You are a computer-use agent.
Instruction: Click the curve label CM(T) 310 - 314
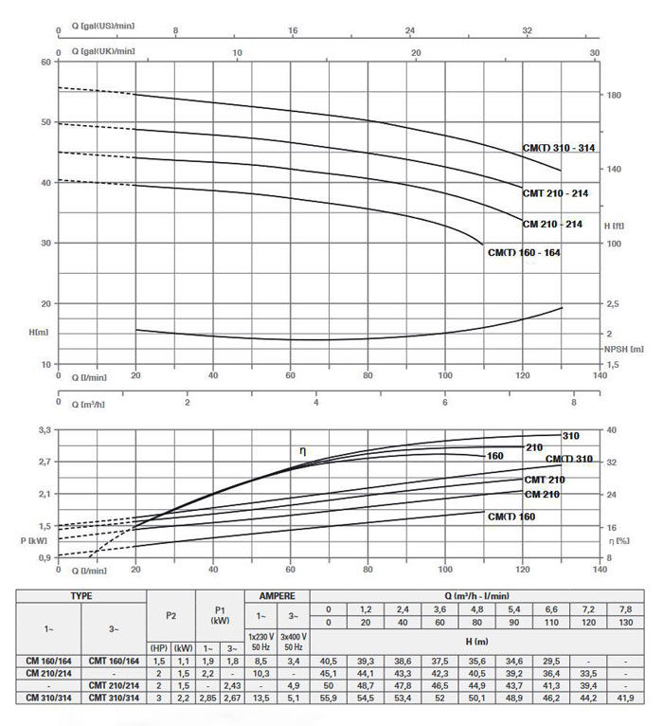coord(559,148)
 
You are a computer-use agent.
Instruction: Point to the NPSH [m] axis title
coord(624,349)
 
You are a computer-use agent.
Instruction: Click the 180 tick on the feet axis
coord(614,96)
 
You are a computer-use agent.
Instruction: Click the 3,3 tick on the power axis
coord(44,430)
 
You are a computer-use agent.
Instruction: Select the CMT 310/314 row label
coord(114,698)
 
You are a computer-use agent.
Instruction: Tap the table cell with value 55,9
coord(329,698)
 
